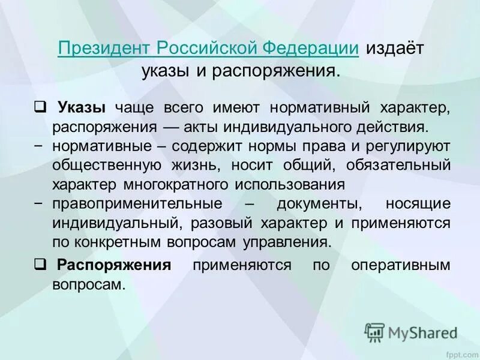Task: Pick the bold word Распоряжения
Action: click(115, 265)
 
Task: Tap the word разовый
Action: click(223, 223)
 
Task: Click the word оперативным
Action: click(401, 265)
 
